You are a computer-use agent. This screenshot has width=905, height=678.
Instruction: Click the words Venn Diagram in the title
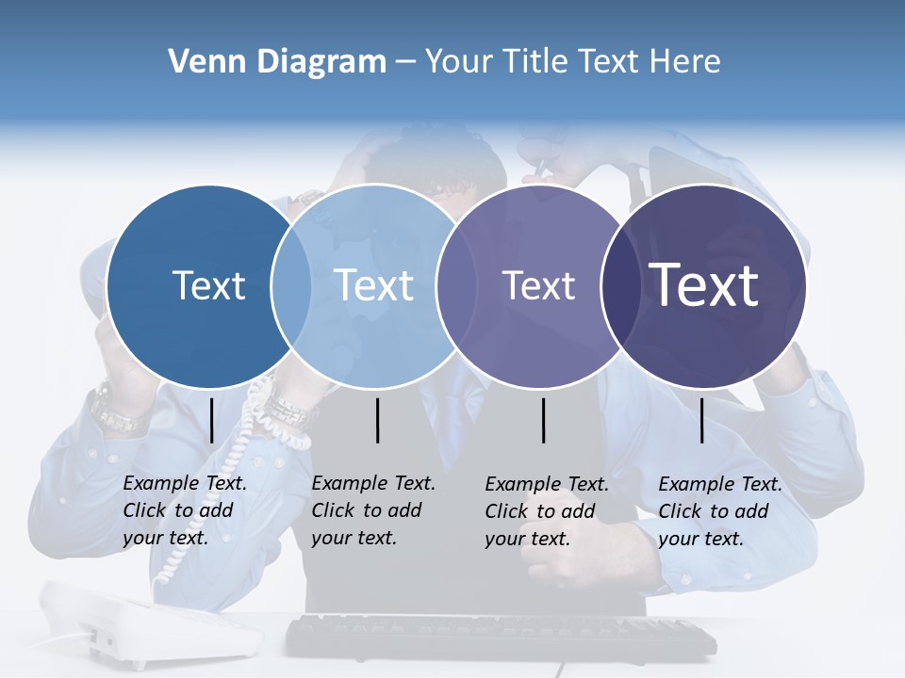pos(277,62)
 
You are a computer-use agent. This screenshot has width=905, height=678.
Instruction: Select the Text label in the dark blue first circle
pos(209,285)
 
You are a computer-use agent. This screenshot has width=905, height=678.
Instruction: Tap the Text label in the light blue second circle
pos(374,285)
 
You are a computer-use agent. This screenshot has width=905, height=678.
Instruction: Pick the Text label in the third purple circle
pos(538,285)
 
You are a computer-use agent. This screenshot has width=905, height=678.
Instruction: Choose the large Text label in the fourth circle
pos(704,284)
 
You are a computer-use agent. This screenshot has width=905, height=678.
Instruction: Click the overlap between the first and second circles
pos(291,286)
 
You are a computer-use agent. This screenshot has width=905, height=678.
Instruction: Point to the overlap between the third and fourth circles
pos(617,286)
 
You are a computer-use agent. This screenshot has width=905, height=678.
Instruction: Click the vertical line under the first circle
pos(212,420)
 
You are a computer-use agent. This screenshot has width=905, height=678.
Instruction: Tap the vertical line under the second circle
pos(377,420)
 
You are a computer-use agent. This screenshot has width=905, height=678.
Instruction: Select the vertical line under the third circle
pos(544,420)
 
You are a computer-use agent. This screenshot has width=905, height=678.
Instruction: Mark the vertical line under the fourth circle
pos(702,420)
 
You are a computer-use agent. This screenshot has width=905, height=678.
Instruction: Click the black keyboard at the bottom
pos(500,637)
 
